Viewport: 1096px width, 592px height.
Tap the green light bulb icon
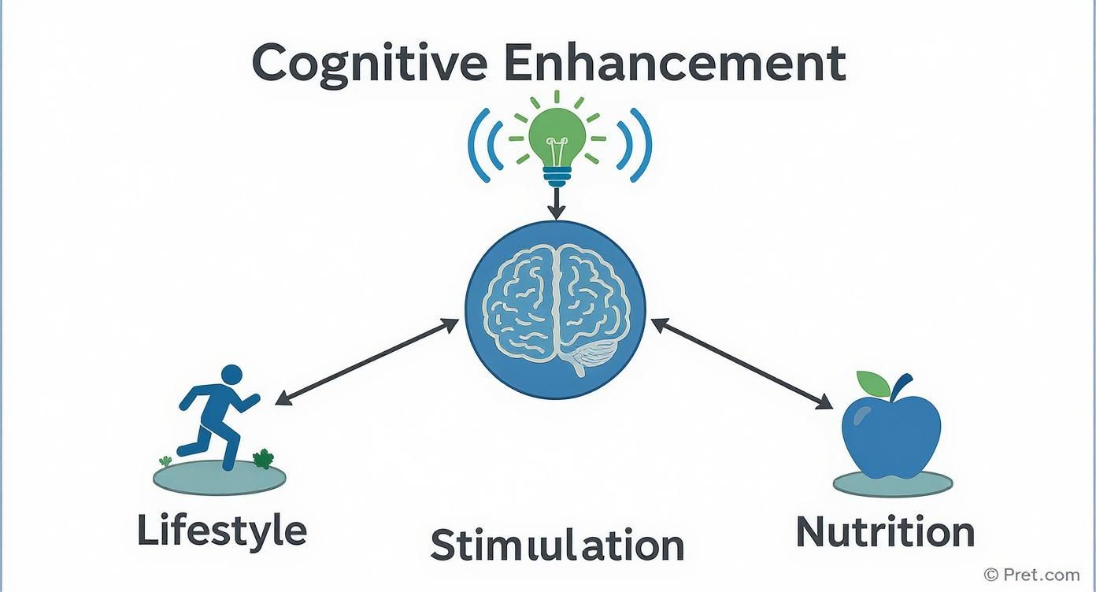click(557, 142)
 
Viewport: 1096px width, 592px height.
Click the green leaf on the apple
click(872, 383)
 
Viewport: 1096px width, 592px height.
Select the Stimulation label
click(557, 545)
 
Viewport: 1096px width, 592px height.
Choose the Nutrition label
click(885, 531)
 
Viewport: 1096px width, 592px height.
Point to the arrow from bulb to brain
click(557, 206)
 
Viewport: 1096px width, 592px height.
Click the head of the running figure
click(231, 375)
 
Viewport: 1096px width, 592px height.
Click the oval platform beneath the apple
click(891, 483)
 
